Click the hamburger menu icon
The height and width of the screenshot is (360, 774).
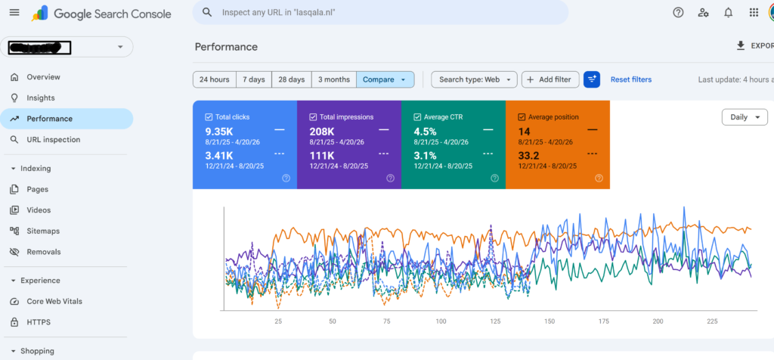point(14,13)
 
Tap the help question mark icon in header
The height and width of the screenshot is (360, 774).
point(678,13)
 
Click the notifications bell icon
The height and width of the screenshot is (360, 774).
point(729,13)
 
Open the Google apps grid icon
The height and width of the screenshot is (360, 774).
point(754,13)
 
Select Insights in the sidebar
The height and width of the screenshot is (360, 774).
point(41,98)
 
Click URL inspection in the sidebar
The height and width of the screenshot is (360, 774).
point(53,140)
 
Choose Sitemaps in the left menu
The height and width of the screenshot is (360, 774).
point(43,231)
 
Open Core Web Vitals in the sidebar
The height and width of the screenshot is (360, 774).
point(54,301)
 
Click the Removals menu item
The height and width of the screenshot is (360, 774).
point(43,252)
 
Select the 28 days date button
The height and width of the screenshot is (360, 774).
point(291,79)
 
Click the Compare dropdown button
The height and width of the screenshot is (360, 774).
point(385,79)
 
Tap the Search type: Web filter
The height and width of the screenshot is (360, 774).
point(474,79)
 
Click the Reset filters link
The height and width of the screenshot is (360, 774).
point(631,79)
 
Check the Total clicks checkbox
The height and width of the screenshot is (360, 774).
point(209,117)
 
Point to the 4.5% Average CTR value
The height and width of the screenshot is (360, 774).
point(426,131)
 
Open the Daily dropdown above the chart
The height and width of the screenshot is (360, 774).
point(745,117)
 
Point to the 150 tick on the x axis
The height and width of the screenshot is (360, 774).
point(549,321)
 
